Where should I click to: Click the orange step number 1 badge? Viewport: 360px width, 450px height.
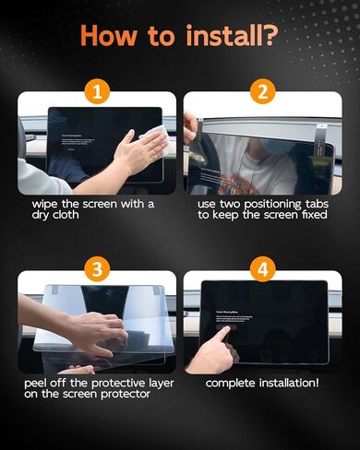tap(97, 93)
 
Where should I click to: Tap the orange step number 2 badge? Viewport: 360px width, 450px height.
tap(262, 93)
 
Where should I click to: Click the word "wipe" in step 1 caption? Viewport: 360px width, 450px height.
tap(48, 203)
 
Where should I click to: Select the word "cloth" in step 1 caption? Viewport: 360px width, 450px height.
tap(78, 216)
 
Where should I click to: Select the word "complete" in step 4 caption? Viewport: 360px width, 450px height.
tap(233, 382)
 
